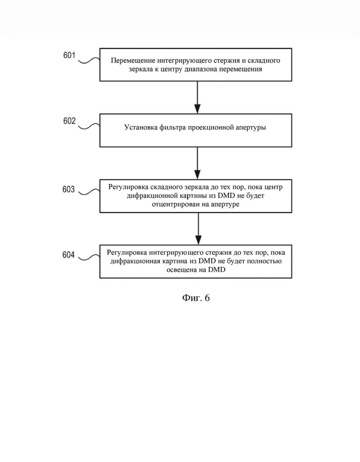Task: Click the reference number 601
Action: click(x=70, y=55)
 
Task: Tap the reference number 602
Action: click(x=70, y=121)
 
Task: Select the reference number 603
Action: click(x=69, y=189)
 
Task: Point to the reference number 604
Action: click(x=69, y=255)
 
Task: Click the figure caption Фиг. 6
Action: click(x=196, y=298)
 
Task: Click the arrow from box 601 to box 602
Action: click(x=198, y=97)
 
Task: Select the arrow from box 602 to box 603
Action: click(x=198, y=163)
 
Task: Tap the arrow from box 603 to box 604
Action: click(x=198, y=228)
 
